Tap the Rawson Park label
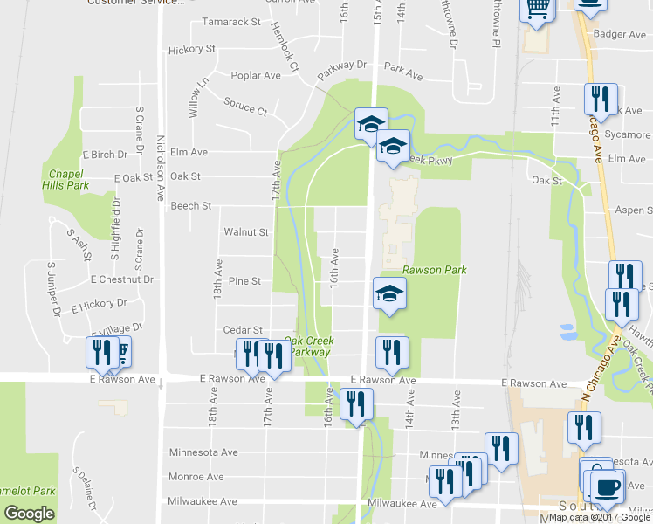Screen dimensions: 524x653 434,270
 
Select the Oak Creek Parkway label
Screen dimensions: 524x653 306,346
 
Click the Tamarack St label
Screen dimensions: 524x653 231,21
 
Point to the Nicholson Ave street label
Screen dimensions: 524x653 160,157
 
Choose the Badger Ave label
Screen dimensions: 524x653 619,34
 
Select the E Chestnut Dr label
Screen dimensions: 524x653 121,279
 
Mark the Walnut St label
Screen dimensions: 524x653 245,232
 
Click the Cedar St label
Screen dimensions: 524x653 243,330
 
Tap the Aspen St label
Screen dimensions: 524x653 635,210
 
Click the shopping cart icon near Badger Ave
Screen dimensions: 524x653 537,9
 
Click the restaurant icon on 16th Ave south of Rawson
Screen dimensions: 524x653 356,403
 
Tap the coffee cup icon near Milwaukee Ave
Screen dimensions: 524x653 608,485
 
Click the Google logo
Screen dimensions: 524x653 29,514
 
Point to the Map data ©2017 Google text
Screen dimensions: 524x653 598,517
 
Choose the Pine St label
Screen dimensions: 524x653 244,281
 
